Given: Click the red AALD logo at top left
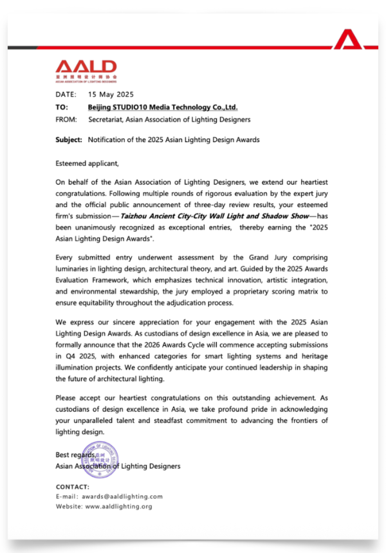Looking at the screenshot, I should [86, 68].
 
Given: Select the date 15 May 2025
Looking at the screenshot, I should [110, 95].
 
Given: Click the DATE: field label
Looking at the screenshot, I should [66, 95].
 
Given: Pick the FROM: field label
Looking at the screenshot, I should [66, 120].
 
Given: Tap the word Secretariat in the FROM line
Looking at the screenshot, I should [107, 120].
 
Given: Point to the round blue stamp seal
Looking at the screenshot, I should [100, 460].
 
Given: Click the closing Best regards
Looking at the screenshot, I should [76, 455].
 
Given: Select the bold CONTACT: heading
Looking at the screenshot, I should [73, 487].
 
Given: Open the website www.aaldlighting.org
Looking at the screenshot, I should [118, 507].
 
